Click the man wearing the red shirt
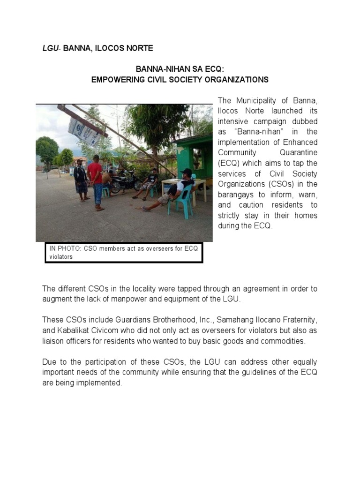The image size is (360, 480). point(97,180)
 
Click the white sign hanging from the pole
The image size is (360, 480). point(84,128)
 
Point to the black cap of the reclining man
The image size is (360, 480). point(187,172)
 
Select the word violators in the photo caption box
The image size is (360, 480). point(61,257)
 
